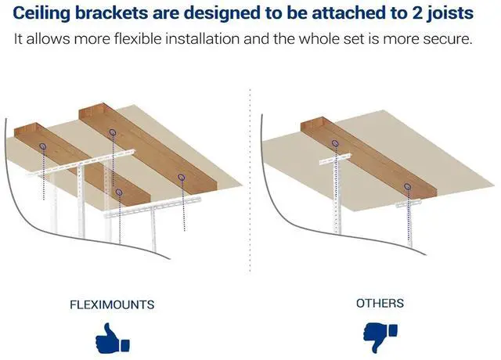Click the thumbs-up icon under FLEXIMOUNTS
(x=113, y=338)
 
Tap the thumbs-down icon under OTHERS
(x=380, y=337)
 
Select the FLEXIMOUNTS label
(x=112, y=304)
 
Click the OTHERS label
(x=380, y=303)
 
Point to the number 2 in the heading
(x=416, y=13)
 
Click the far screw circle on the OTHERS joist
(x=335, y=143)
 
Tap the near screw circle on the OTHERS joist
(x=407, y=186)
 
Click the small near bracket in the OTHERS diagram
(x=409, y=203)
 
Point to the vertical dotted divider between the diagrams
(x=250, y=181)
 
